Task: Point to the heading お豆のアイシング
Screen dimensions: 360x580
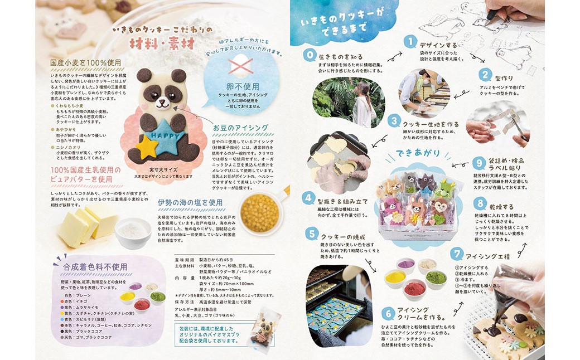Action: [x=240, y=128]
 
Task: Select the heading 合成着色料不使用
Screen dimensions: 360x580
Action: [x=95, y=266]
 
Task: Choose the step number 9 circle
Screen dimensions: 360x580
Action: [x=478, y=163]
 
